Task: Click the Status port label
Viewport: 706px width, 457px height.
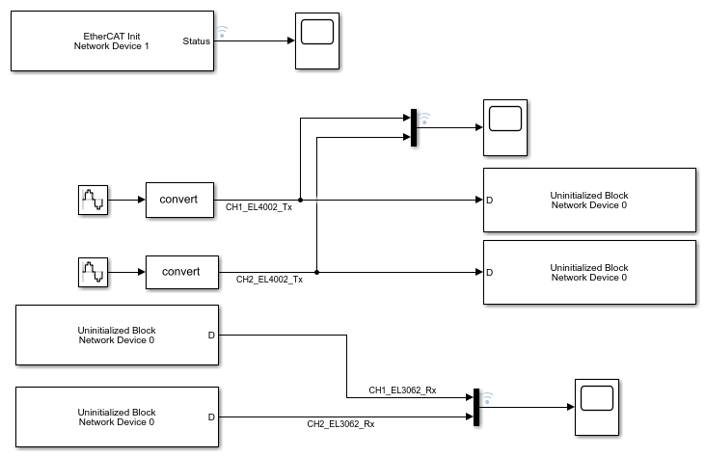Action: (197, 40)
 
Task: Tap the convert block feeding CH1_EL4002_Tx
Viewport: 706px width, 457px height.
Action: (178, 200)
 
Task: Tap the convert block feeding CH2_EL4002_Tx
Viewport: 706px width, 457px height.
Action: (181, 271)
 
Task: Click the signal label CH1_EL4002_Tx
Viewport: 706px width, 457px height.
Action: (258, 207)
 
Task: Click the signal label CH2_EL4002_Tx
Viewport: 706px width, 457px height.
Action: (270, 279)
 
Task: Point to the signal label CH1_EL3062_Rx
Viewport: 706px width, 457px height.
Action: (402, 390)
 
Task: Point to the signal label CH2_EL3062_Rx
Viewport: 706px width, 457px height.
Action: (340, 423)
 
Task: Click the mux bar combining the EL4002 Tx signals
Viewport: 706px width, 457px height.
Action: (413, 128)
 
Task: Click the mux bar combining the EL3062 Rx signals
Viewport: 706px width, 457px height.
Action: (475, 407)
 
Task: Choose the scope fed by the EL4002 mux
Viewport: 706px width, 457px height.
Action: (505, 127)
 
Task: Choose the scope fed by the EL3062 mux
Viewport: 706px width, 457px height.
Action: (594, 406)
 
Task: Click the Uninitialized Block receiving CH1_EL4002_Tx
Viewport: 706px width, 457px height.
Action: (588, 200)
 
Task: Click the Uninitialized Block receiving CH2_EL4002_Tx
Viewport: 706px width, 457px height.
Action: (588, 272)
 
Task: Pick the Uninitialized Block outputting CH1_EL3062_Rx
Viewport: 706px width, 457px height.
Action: (117, 335)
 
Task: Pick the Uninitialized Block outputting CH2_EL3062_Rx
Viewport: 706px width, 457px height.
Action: (117, 417)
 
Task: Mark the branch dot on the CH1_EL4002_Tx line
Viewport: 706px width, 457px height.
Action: (300, 201)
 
